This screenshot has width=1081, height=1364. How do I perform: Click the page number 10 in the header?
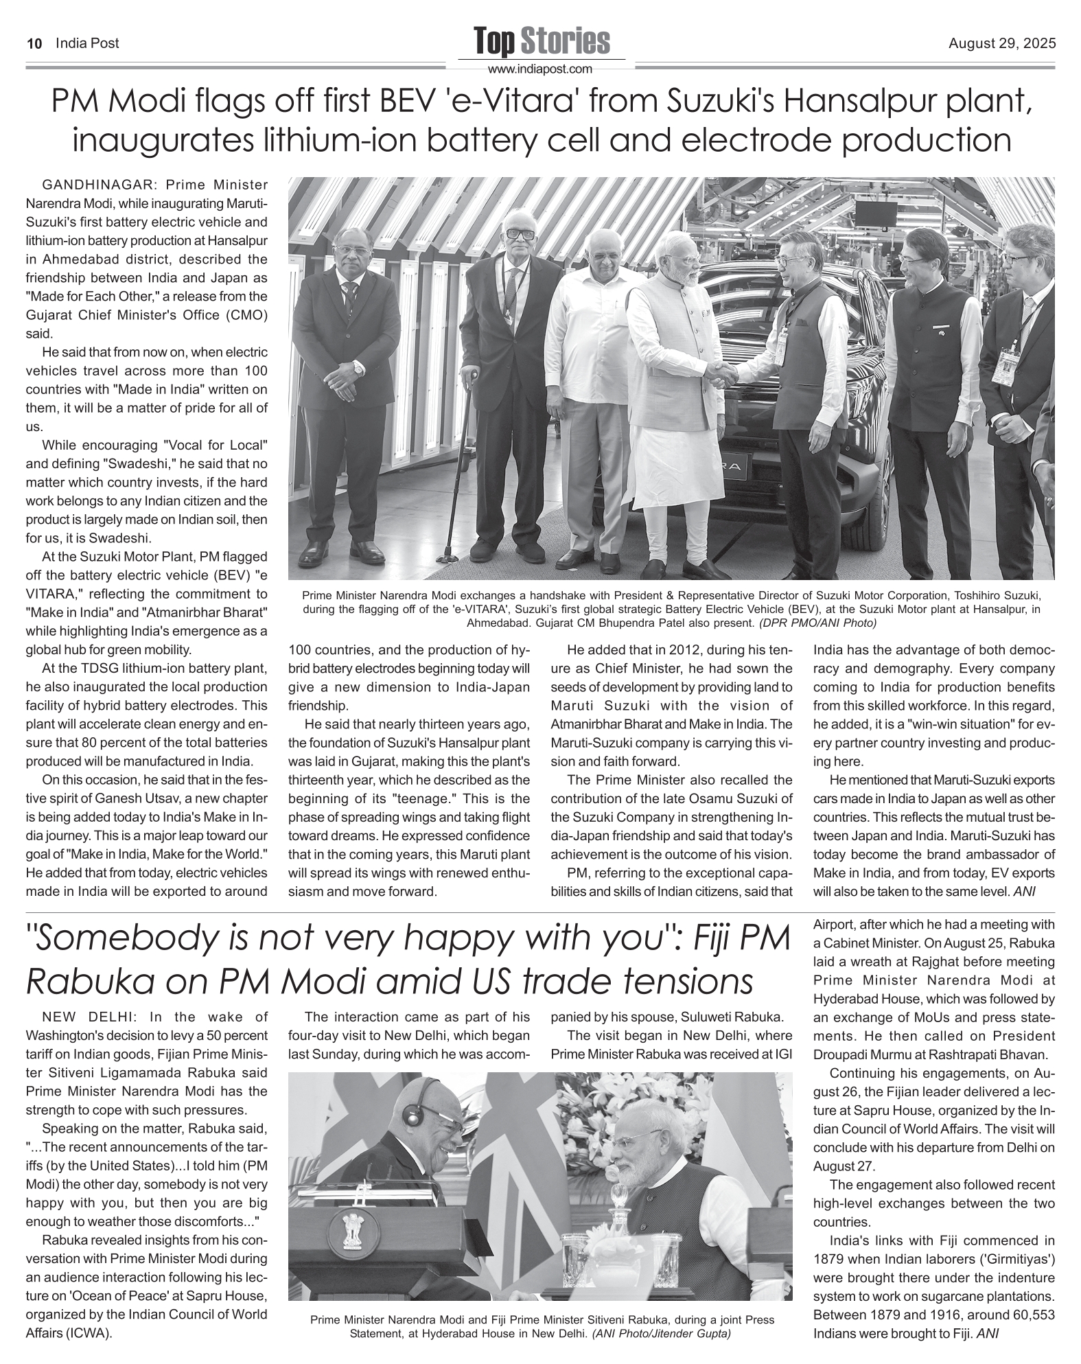[34, 44]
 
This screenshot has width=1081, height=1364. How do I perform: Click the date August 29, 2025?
[1002, 44]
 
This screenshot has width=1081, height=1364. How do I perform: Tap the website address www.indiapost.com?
[539, 69]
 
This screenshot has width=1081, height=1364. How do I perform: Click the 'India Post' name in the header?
[87, 44]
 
